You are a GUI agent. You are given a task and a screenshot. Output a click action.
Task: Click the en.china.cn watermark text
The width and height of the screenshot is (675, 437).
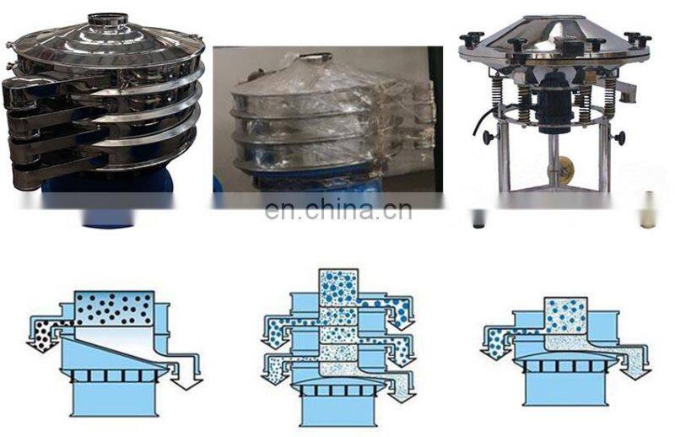coord(338,210)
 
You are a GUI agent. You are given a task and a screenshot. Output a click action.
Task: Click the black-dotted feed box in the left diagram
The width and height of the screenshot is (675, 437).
coord(114,308)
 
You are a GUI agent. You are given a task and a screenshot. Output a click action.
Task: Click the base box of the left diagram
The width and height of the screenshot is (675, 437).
coord(114,399)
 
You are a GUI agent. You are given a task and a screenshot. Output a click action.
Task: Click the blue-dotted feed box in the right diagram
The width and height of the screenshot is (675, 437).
coord(565,316)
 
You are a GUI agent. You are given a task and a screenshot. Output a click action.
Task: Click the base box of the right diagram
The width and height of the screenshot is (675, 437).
coord(565,389)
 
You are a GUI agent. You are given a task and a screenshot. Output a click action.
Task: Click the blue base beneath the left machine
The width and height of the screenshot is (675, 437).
coord(108,202)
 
